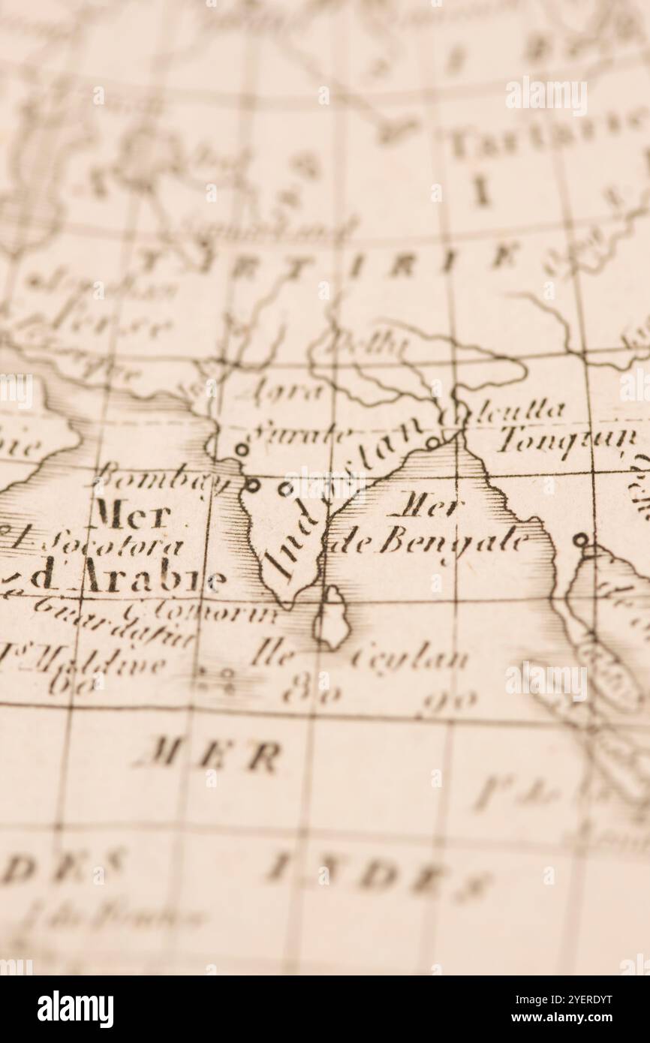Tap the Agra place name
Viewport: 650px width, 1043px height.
277,392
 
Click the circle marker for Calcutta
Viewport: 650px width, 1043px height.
432,443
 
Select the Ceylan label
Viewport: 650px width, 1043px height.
408,660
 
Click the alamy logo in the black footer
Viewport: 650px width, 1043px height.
76,1008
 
